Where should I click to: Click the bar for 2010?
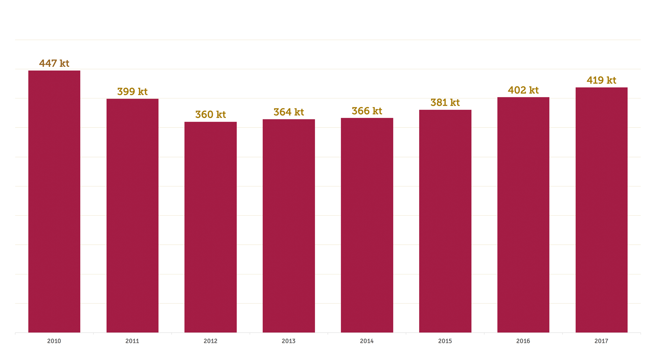click(54, 201)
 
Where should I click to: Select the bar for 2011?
click(132, 215)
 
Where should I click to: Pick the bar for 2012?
click(211, 227)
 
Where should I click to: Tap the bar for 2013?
click(289, 226)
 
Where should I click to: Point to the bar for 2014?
click(367, 225)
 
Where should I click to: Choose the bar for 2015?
click(445, 221)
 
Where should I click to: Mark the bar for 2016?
click(523, 215)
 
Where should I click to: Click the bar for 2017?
click(601, 210)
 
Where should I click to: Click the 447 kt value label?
click(54, 63)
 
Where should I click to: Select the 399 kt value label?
click(132, 92)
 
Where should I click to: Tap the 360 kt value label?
click(211, 115)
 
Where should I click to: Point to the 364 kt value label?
click(289, 112)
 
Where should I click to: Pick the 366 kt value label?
click(367, 111)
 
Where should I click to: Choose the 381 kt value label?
click(445, 103)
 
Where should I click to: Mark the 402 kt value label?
click(523, 90)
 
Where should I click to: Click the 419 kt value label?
click(601, 80)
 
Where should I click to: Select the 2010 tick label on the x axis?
click(54, 341)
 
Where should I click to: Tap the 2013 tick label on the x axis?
click(289, 341)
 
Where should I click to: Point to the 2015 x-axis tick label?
click(445, 341)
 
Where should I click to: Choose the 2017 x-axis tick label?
click(601, 341)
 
